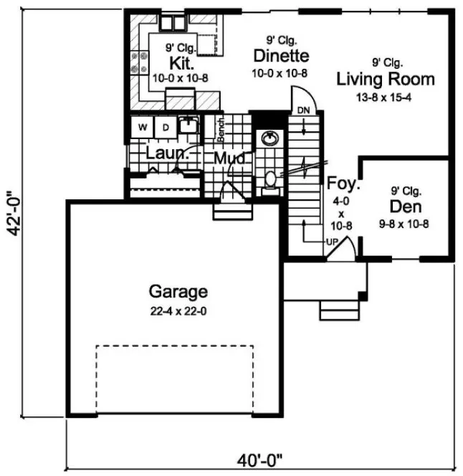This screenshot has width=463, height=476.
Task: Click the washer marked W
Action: click(x=143, y=128)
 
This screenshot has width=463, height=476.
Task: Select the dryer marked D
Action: click(x=164, y=128)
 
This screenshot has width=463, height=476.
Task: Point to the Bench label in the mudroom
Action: click(x=221, y=128)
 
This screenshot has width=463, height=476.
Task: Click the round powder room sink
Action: click(x=270, y=138)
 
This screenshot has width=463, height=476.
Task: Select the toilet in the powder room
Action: click(x=270, y=179)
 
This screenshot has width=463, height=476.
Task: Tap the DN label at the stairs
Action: click(x=302, y=109)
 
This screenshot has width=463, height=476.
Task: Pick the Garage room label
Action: click(x=178, y=292)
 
